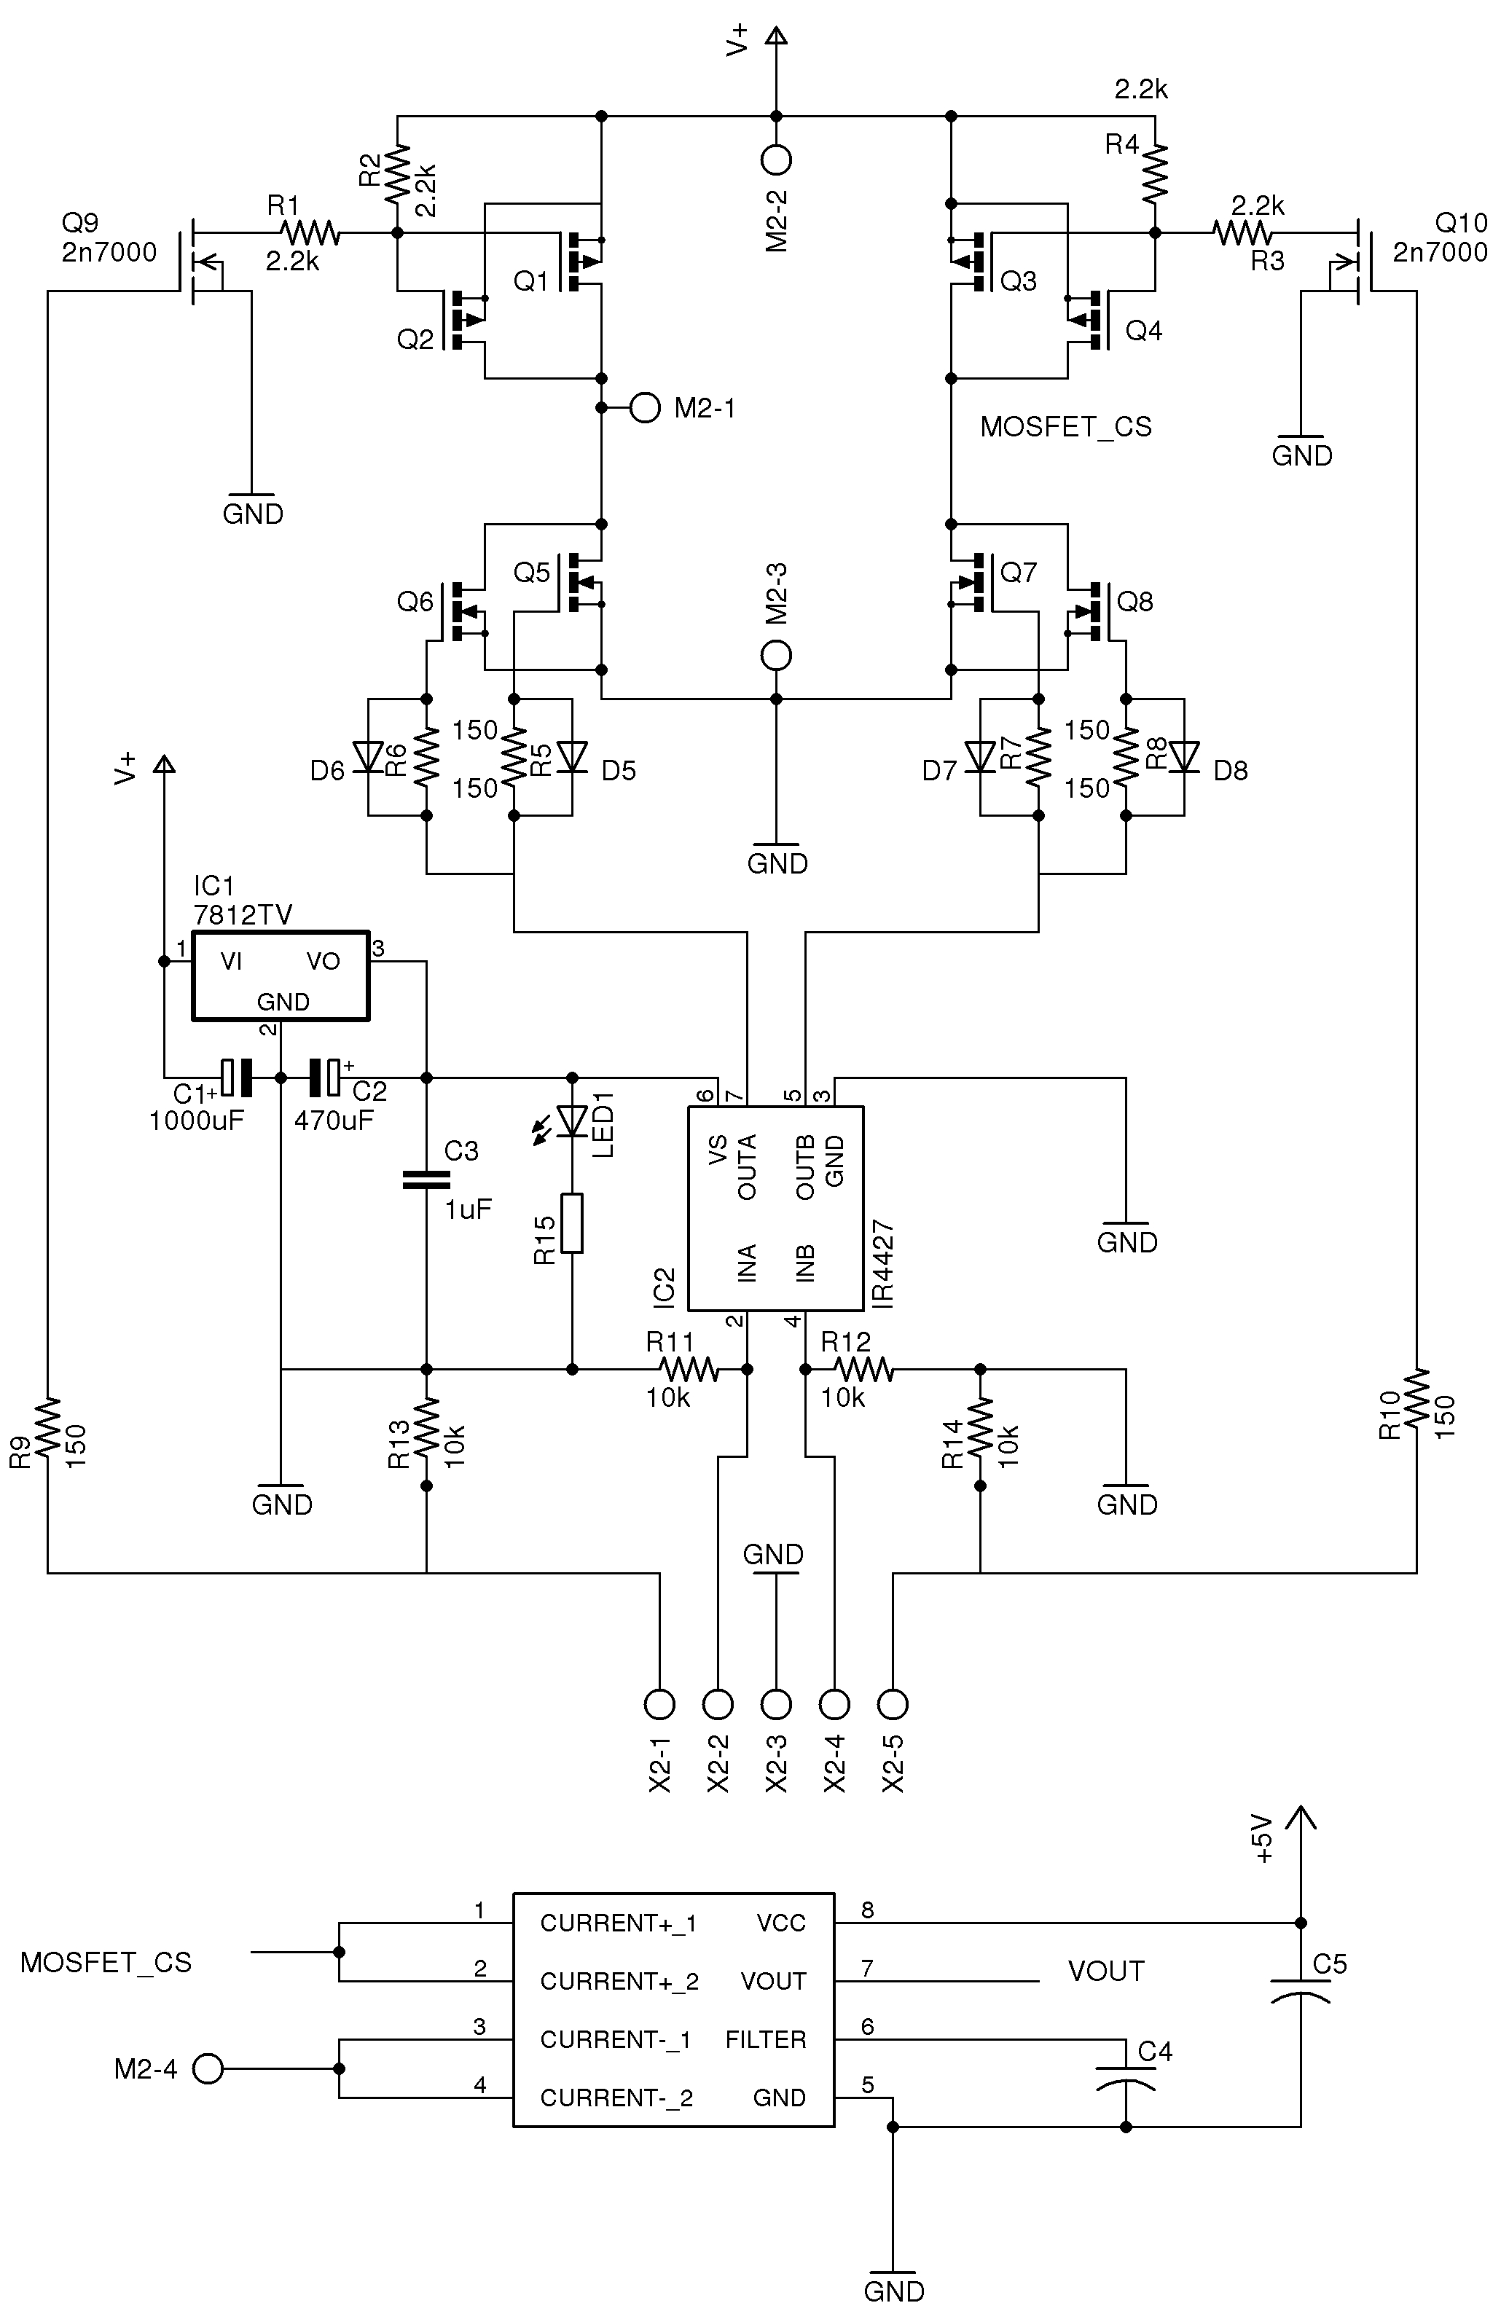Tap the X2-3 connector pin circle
776,1703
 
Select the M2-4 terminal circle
207,2068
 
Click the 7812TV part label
243,914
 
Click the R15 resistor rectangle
572,1223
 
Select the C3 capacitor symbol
426,1180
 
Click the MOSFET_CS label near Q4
1065,426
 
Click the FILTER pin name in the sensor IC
765,2039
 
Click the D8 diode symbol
1185,756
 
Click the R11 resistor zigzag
689,1369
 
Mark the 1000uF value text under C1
196,1121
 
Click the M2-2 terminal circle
776,158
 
